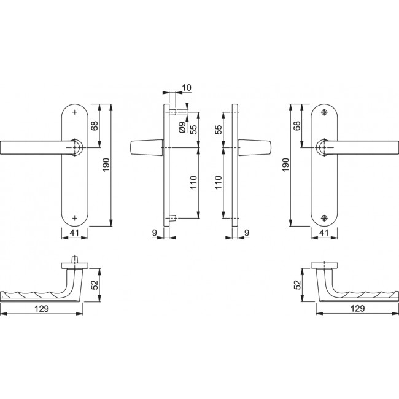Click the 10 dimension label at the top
coord(187,88)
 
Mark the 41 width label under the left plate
coord(74,234)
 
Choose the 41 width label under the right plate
coord(325,234)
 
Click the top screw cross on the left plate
coord(75,114)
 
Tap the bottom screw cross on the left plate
coord(75,217)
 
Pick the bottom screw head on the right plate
coord(325,217)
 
